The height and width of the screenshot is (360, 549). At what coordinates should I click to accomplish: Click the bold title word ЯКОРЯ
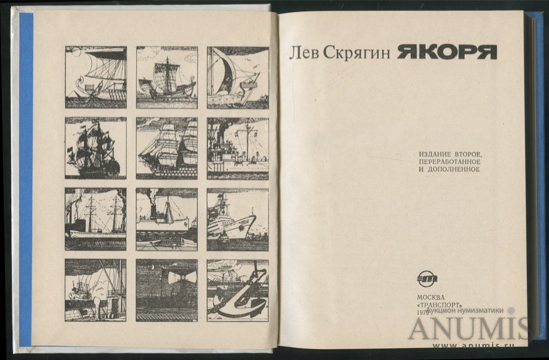click(x=447, y=52)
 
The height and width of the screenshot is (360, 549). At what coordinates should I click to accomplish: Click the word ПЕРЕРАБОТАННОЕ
click(x=449, y=162)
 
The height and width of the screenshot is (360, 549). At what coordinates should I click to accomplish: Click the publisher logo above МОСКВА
click(x=427, y=279)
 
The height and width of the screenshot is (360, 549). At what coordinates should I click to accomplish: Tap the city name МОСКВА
click(x=431, y=297)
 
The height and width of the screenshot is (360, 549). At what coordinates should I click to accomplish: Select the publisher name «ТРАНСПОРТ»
click(x=437, y=304)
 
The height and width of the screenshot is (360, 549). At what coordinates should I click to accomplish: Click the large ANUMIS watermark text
click(x=469, y=329)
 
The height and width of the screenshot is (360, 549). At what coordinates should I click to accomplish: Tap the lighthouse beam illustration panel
click(x=167, y=290)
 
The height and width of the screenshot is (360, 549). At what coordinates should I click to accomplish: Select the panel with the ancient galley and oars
click(x=95, y=77)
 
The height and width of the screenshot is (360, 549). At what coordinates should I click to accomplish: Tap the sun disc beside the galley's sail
click(x=76, y=52)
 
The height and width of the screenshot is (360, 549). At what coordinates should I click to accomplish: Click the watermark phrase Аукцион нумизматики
click(x=465, y=310)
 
